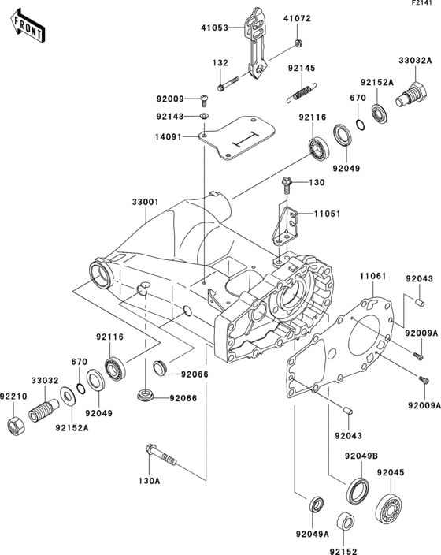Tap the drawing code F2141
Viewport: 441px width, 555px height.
click(423, 6)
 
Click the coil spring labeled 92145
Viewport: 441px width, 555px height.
click(299, 94)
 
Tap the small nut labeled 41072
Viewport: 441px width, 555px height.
click(298, 42)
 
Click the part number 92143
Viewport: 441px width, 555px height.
click(169, 116)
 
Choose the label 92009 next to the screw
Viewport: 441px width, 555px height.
click(169, 99)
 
